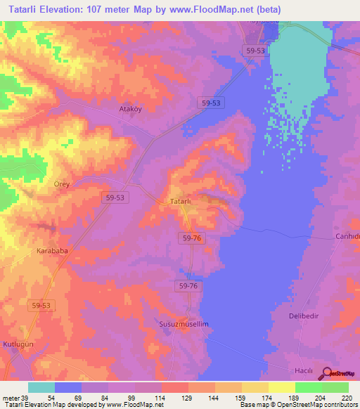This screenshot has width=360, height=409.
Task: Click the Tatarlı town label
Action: tap(181, 202)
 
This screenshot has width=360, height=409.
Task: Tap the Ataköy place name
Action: tap(129, 110)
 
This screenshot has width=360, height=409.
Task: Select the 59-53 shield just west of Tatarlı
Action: tap(115, 198)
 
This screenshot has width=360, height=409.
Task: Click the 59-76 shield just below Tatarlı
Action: tap(191, 239)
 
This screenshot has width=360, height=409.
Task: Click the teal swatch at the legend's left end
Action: tap(41, 387)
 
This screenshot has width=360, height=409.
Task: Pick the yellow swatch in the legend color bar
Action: tap(282, 387)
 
